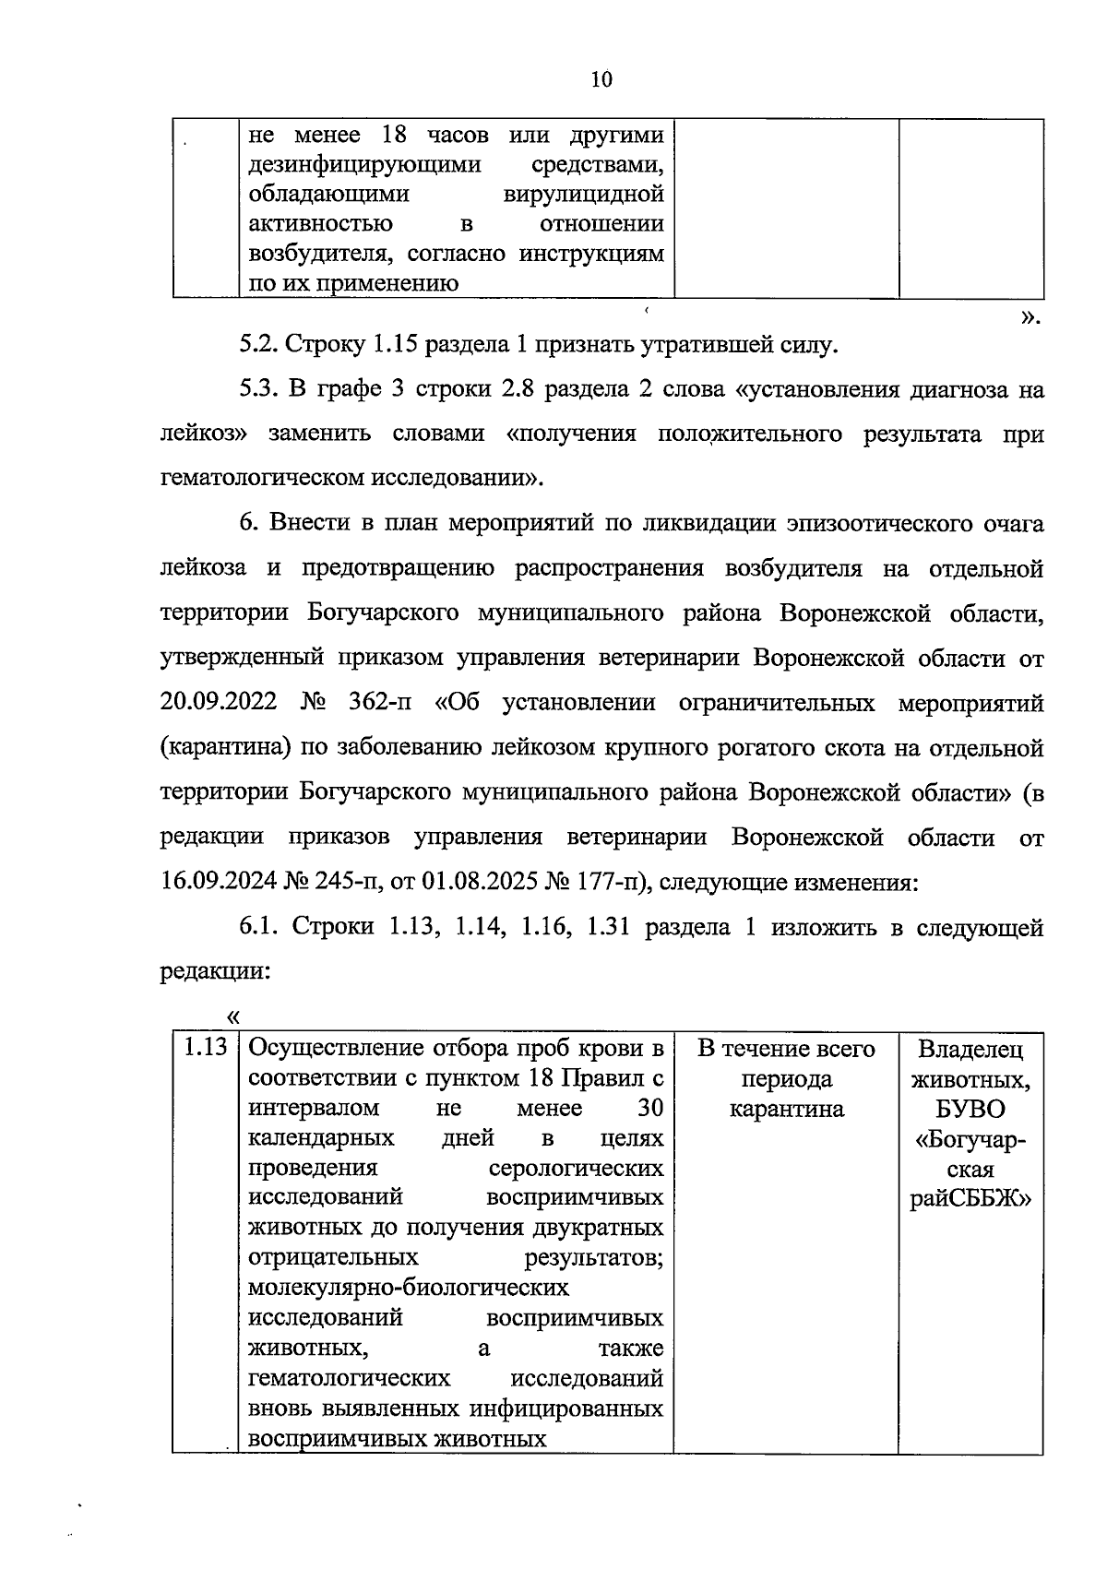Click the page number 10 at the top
tap(601, 79)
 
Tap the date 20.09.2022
tap(218, 703)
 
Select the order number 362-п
tap(380, 703)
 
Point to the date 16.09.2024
tap(218, 882)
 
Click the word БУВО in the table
tap(970, 1108)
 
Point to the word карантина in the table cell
tap(786, 1108)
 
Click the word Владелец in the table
tap(970, 1049)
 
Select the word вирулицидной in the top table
tap(584, 195)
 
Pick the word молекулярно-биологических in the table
tap(409, 1287)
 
